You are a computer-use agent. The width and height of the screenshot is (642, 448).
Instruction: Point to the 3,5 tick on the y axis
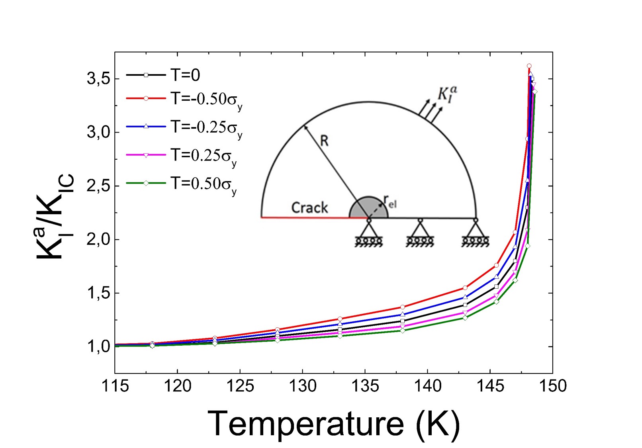(99, 79)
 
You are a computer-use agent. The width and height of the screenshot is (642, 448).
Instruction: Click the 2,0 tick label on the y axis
(99, 240)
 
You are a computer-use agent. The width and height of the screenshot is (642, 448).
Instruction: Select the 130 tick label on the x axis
(303, 385)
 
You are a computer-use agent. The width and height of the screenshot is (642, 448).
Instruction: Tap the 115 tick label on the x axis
(115, 385)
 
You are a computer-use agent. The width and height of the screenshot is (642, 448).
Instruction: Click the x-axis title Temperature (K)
(334, 424)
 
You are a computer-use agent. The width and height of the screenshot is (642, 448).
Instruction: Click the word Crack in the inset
(309, 207)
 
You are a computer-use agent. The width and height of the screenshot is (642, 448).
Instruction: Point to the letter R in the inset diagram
(324, 141)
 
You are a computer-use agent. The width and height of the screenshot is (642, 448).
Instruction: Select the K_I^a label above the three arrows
(447, 94)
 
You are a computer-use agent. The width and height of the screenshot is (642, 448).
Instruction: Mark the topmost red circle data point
(529, 66)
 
